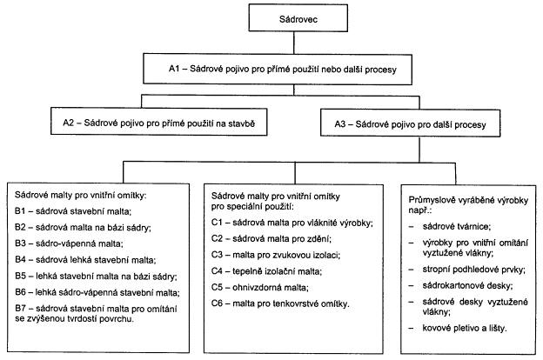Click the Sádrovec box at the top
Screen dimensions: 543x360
(298, 18)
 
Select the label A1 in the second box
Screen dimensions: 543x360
(174, 69)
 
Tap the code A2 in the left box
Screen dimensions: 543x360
(69, 123)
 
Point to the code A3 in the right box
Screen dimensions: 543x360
(340, 124)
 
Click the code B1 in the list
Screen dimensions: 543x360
(20, 210)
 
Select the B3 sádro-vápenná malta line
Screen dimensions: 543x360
(69, 243)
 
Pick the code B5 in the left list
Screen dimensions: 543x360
(20, 276)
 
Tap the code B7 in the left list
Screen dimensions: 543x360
(20, 308)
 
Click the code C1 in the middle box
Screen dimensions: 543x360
(217, 223)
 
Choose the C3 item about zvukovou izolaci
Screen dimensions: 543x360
(276, 255)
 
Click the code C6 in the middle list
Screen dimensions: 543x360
(217, 303)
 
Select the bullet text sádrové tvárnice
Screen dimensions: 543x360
(457, 226)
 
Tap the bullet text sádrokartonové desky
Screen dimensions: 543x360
(467, 285)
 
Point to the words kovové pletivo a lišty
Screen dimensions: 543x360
(465, 328)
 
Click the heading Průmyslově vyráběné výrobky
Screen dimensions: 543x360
(468, 200)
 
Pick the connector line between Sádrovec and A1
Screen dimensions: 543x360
(294, 43)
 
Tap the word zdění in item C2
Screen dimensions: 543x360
(319, 238)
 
